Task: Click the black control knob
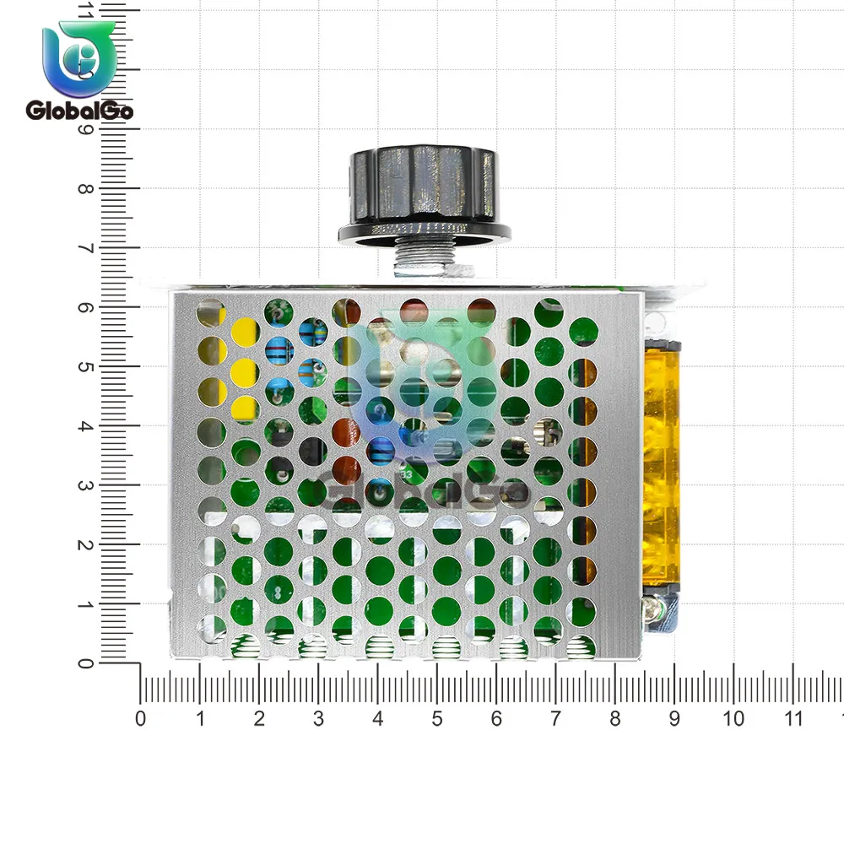click(x=425, y=194)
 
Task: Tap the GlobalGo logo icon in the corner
click(x=79, y=59)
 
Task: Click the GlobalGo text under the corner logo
click(x=79, y=111)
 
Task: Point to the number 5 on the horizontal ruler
click(x=437, y=718)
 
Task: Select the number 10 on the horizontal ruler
click(x=733, y=718)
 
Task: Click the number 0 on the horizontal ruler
click(x=140, y=718)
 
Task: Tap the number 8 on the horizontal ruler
click(x=615, y=718)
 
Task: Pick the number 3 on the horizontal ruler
click(x=319, y=718)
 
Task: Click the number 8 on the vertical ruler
click(x=85, y=189)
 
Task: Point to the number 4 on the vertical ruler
click(x=85, y=426)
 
